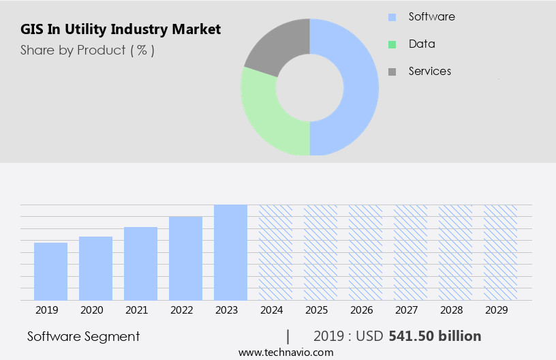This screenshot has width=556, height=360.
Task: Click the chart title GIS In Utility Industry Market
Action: tap(121, 29)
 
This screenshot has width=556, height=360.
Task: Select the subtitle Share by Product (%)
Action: tap(87, 50)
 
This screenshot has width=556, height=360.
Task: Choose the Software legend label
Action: tap(431, 16)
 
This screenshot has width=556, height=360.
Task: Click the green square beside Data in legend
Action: tap(392, 44)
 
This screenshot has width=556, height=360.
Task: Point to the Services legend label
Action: tap(429, 71)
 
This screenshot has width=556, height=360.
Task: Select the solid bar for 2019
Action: tap(50, 271)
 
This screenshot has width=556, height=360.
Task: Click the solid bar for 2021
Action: tap(140, 263)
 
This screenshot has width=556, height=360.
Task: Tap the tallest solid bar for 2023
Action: tap(230, 252)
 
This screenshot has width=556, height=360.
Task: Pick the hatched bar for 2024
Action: tap(275, 252)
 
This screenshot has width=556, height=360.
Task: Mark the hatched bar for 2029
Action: tap(500, 252)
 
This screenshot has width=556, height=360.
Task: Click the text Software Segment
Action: tap(83, 336)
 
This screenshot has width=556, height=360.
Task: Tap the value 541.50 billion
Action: tap(435, 336)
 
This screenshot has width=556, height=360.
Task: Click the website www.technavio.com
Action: tap(285, 352)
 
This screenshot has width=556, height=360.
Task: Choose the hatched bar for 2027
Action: tap(410, 252)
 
